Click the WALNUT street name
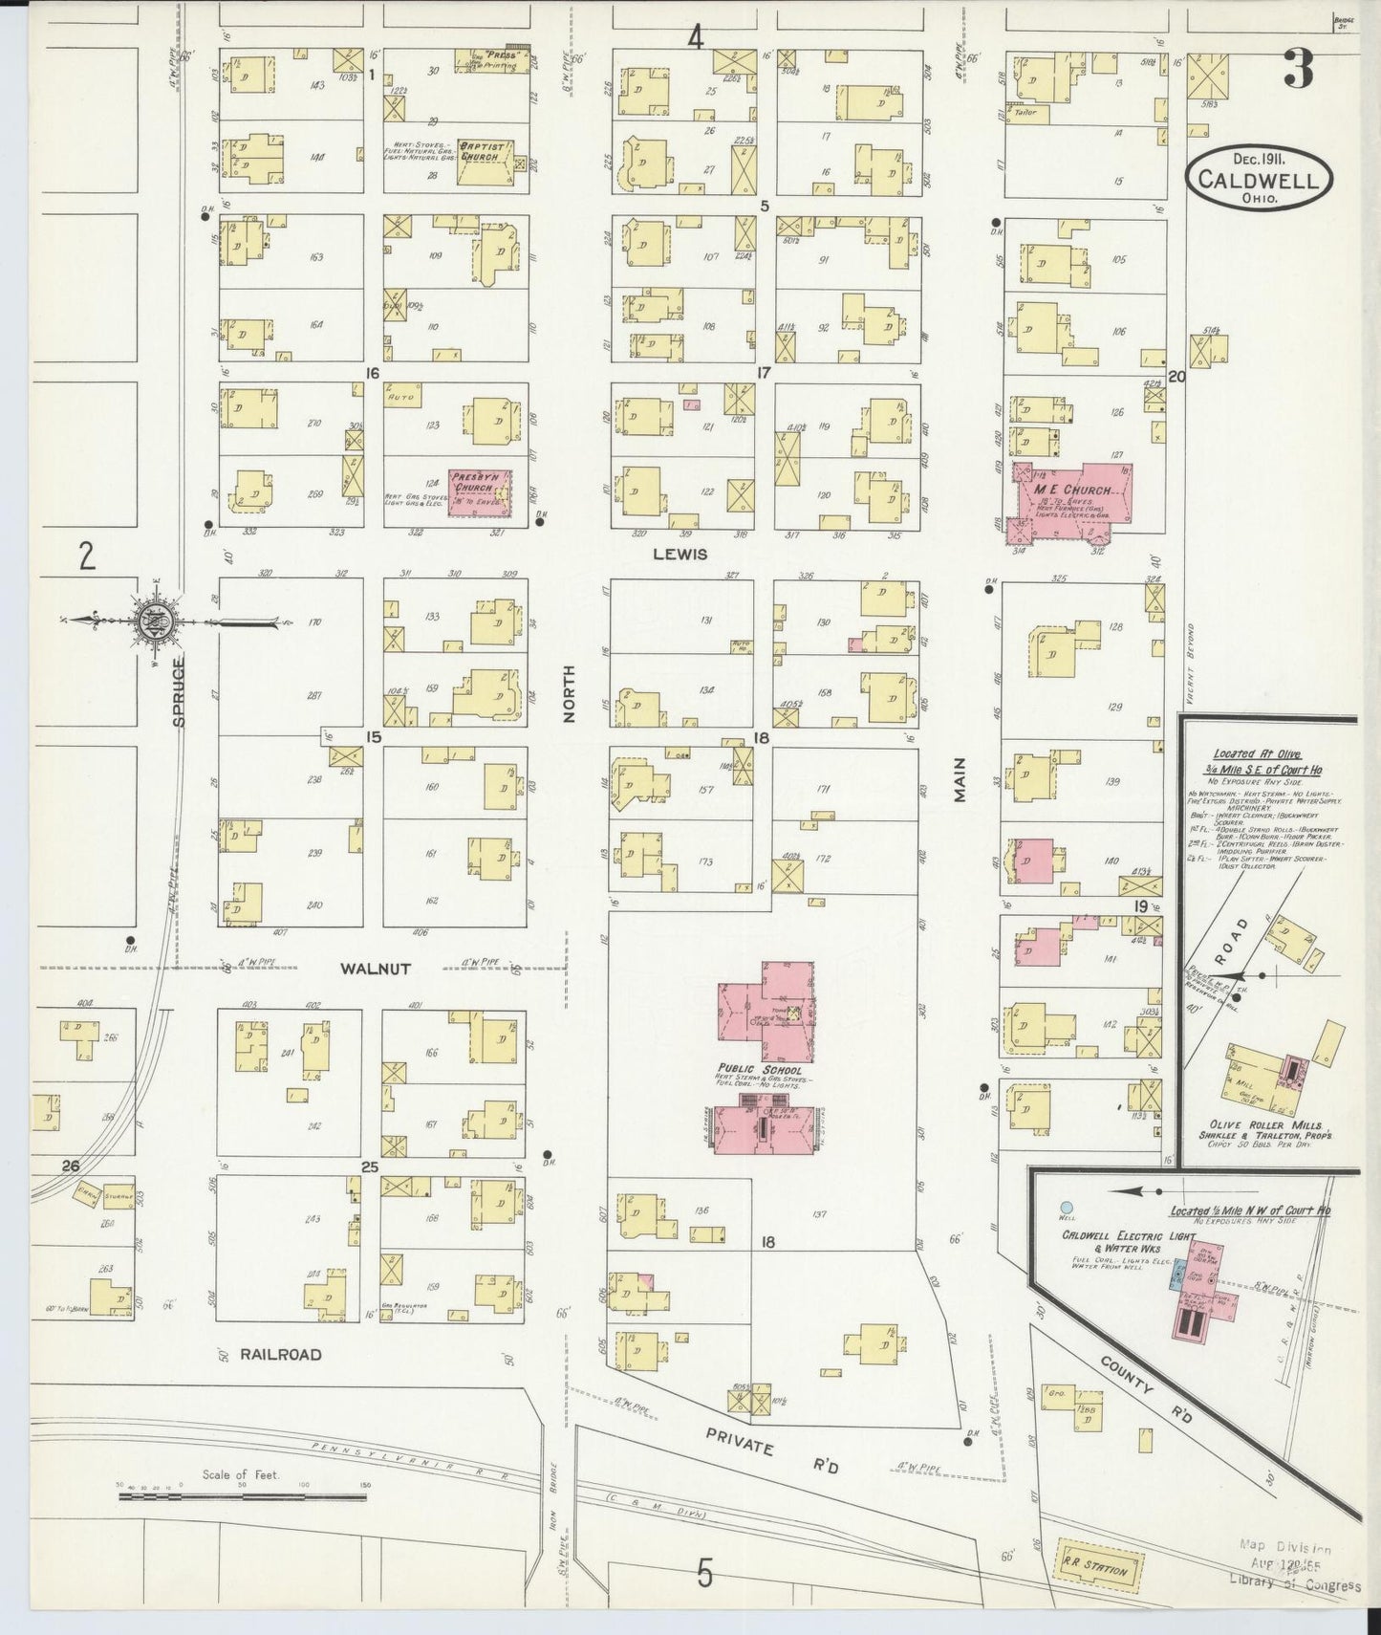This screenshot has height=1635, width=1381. click(376, 969)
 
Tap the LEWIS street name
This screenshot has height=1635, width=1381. click(680, 554)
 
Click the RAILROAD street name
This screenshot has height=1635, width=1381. click(280, 1354)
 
